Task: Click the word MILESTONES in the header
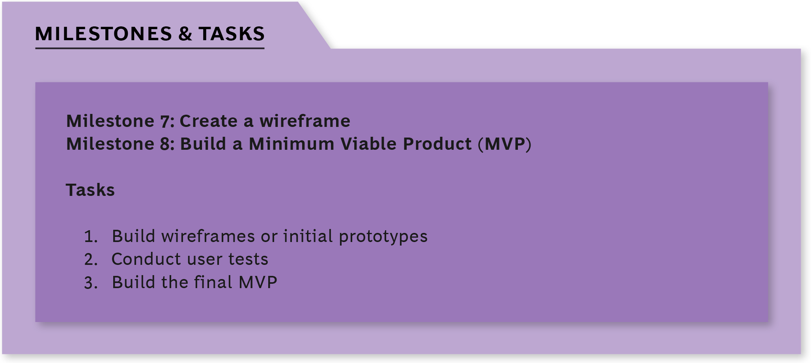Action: coord(104,34)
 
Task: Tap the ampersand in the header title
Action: coord(185,34)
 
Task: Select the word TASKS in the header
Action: coord(232,34)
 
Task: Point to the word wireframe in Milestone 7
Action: coord(305,121)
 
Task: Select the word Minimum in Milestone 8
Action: coord(292,144)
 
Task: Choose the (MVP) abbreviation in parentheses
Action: coord(505,144)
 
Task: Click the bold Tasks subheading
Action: coord(90,190)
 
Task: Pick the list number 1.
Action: coord(91,236)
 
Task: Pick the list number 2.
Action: coord(91,259)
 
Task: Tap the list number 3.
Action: coord(91,283)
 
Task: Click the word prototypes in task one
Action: coord(383,237)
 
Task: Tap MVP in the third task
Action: coord(258,283)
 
